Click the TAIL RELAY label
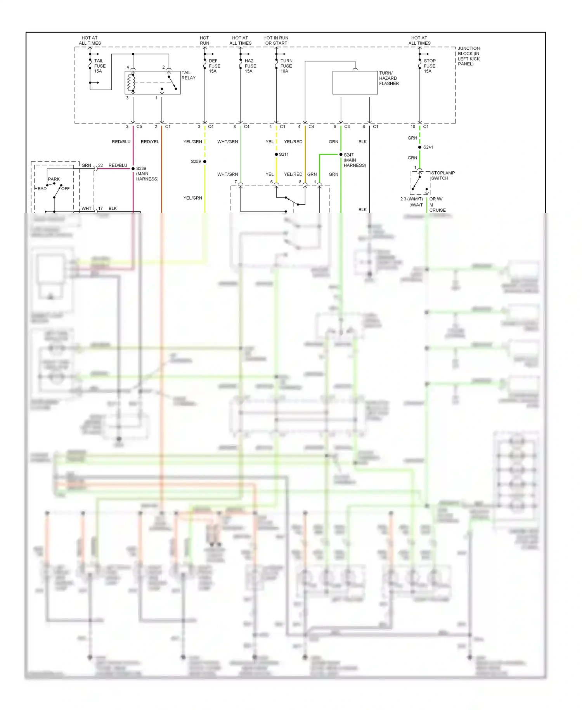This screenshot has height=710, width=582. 188,75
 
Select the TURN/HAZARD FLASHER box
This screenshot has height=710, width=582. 355,83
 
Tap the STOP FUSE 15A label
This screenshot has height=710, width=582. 429,66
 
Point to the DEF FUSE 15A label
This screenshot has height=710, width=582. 214,66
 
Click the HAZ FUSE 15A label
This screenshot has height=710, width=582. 250,66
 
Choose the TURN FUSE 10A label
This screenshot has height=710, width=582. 286,66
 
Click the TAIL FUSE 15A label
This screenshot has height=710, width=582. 99,66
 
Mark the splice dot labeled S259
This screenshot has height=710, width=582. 205,162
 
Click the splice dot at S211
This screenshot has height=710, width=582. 276,155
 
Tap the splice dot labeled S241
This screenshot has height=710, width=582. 420,147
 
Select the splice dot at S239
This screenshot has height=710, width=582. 133,169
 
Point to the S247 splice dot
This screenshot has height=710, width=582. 341,155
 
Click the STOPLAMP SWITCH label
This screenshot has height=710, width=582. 442,176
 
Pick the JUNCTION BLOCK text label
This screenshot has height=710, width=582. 468,56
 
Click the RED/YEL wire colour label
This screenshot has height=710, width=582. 150,142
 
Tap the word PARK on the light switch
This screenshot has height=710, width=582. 54,179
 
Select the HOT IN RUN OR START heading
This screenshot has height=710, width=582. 276,40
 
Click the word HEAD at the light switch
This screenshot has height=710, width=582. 41,189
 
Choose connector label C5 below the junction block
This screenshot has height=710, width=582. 139,127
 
